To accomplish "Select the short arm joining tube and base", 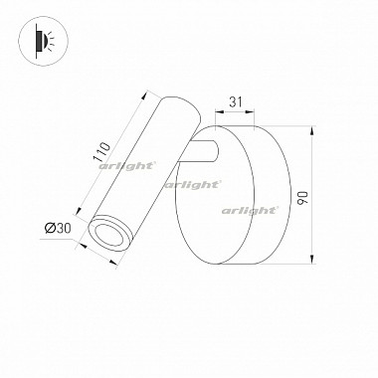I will [205, 154].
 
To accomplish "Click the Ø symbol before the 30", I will [51, 231].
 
